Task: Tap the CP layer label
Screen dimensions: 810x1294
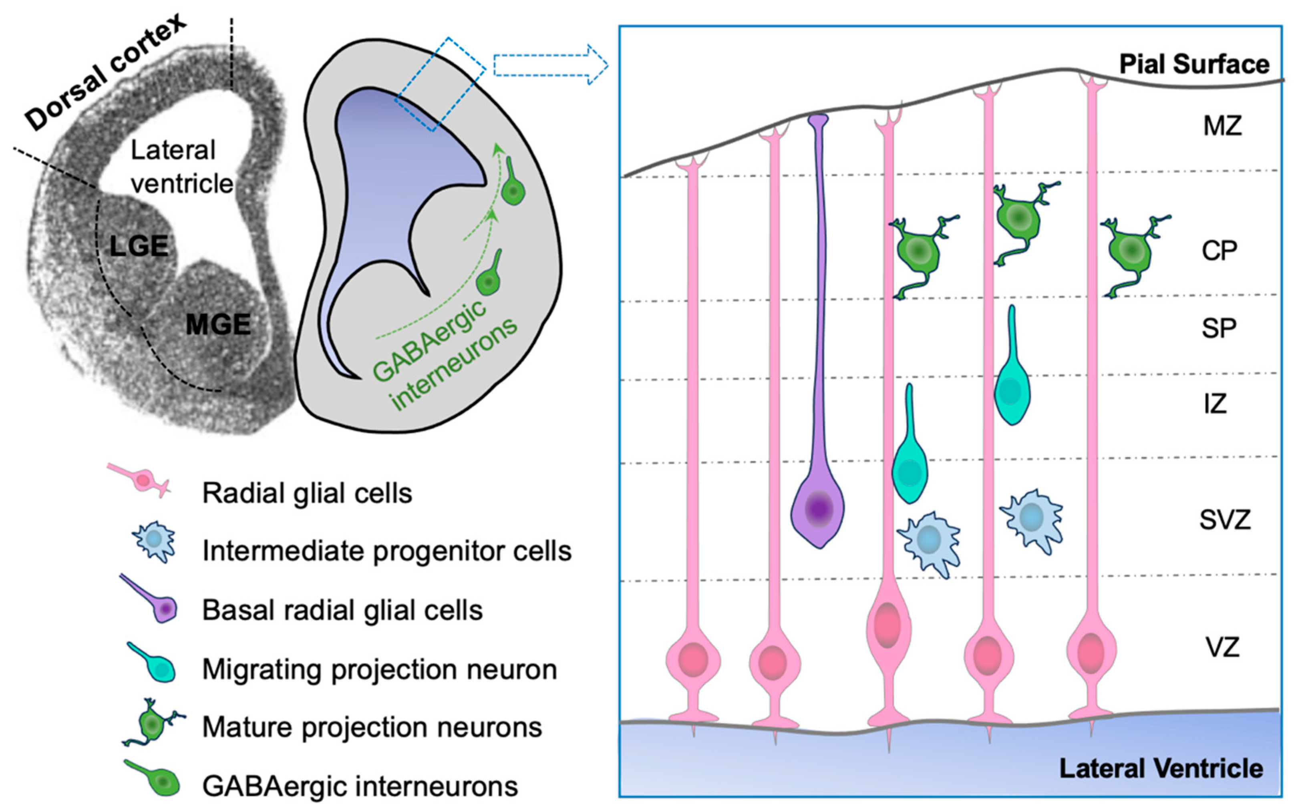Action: click(x=1220, y=251)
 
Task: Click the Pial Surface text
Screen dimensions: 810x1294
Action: click(x=1194, y=65)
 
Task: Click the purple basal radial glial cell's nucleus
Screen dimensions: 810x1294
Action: click(x=818, y=508)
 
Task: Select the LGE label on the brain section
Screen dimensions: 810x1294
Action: click(x=139, y=246)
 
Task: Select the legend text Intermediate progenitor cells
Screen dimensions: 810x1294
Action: click(x=387, y=551)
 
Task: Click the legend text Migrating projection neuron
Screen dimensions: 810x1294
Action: click(x=379, y=669)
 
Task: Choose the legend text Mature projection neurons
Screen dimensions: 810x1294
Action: click(x=372, y=728)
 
